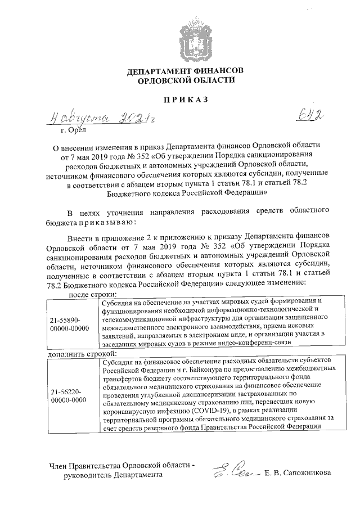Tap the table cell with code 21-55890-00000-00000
[69, 324]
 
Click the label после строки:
[93, 294]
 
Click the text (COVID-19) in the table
[230, 410]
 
